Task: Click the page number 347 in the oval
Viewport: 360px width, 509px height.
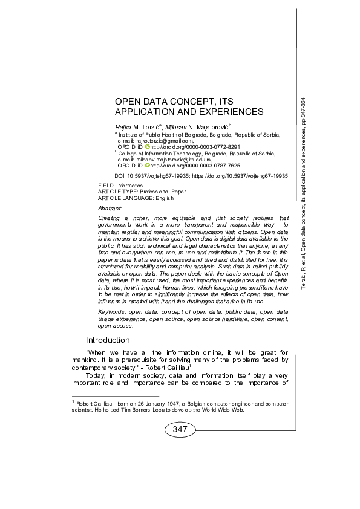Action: pos(180,429)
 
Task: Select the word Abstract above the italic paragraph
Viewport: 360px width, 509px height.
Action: pos(110,207)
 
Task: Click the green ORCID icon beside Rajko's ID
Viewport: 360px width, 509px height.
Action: pos(146,146)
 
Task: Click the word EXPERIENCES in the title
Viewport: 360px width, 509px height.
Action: pos(229,111)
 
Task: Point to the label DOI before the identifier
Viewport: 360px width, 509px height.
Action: pos(120,174)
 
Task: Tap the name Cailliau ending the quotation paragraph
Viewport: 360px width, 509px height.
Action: pos(175,367)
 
